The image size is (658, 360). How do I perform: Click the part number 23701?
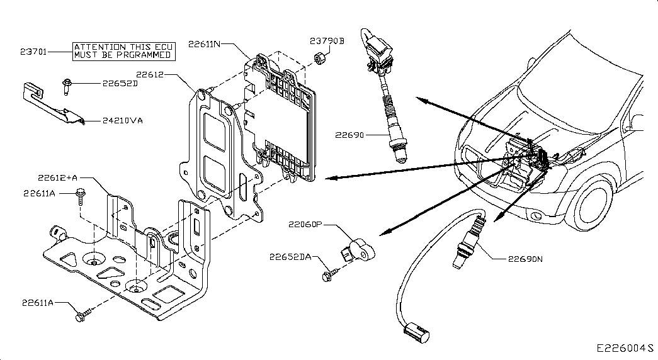33,52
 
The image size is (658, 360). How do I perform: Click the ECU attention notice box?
123,51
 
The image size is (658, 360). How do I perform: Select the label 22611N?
204,44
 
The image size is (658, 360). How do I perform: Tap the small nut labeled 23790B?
320,58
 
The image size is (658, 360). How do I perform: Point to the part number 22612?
150,75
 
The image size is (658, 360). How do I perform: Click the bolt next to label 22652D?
66,86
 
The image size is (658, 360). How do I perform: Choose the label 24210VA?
123,121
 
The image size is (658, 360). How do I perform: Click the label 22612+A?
57,178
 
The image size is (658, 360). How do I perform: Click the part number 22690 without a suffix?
349,135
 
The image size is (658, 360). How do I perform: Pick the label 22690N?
525,259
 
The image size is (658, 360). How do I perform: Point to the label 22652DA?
290,257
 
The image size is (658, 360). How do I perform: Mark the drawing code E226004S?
625,349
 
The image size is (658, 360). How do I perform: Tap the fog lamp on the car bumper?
536,217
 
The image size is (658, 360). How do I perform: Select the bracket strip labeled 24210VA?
52,103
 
